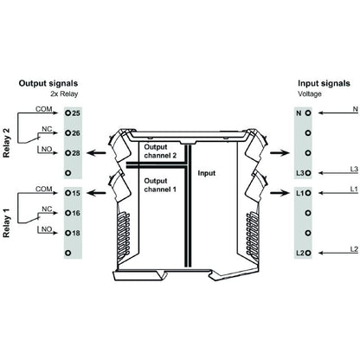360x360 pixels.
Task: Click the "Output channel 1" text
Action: pyautogui.click(x=160, y=185)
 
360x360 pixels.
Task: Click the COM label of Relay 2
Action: pyautogui.click(x=43, y=108)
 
